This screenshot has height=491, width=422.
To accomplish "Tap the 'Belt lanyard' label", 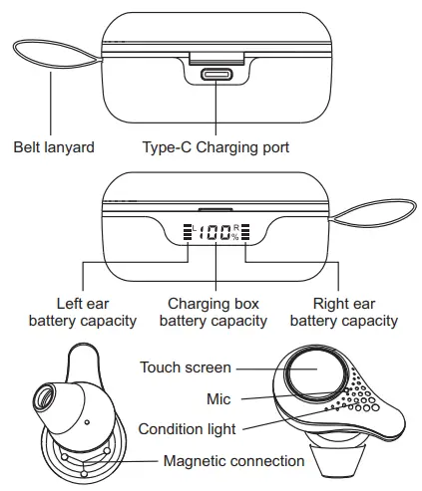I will click(x=54, y=147).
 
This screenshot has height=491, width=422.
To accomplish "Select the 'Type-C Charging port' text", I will click(x=214, y=147).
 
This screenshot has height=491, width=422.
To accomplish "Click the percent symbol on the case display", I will click(x=235, y=237).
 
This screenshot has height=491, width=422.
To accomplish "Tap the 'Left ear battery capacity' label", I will click(x=82, y=311).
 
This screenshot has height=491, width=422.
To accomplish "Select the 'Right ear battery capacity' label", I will click(x=343, y=311).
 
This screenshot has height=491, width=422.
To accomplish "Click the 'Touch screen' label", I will click(x=186, y=368).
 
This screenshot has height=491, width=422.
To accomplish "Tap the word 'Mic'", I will click(x=218, y=398).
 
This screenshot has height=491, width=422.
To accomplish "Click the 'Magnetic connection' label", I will click(x=233, y=461).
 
